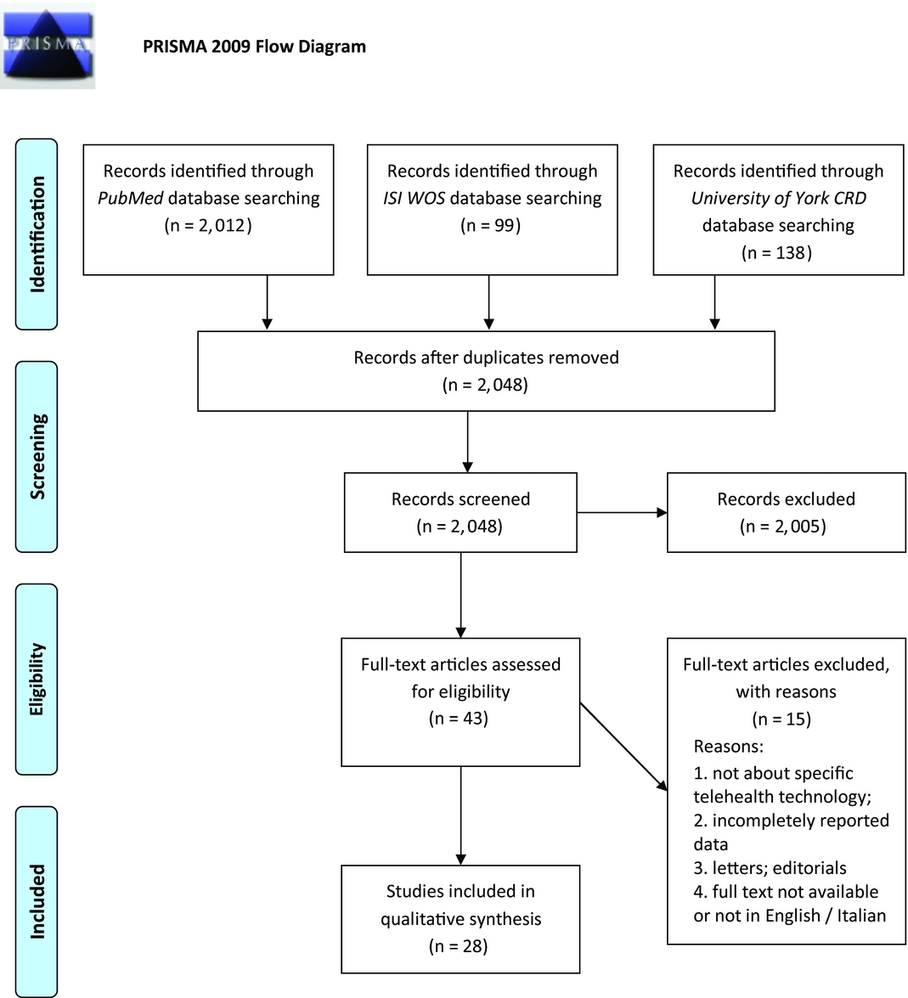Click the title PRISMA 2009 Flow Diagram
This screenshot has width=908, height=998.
click(254, 47)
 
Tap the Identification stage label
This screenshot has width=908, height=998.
click(37, 234)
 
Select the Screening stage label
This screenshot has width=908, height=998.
click(37, 456)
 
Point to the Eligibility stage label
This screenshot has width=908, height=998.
click(37, 679)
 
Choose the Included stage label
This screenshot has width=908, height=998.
click(37, 901)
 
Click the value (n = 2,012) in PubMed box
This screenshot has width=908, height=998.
click(208, 225)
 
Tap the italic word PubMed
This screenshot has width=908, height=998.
click(130, 198)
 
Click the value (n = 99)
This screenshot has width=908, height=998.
click(492, 225)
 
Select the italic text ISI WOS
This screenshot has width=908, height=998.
click(414, 198)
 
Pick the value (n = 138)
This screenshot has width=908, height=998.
click(777, 252)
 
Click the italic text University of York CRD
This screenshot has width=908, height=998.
click(778, 198)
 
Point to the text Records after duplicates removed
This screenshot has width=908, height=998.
click(486, 358)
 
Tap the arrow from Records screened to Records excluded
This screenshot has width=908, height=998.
click(622, 512)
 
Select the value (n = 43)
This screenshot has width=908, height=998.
click(460, 719)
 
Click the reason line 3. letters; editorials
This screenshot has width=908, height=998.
click(770, 868)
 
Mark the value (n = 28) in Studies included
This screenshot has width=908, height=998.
click(460, 946)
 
